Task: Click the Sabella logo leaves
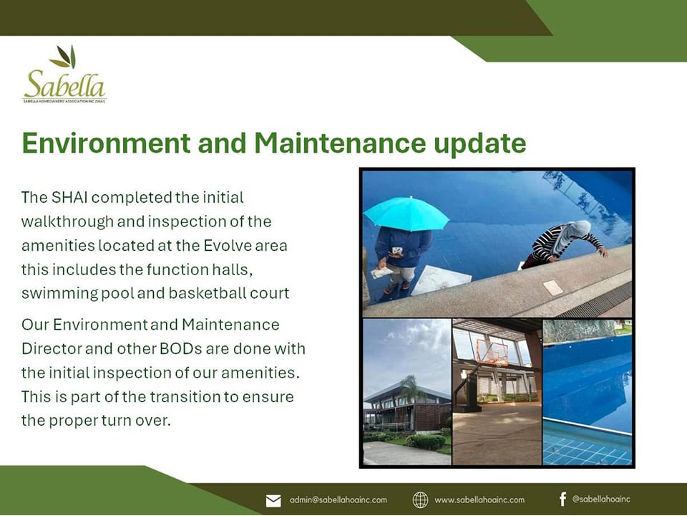pos(64,57)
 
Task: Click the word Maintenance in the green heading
pos(340,143)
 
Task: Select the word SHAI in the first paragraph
pos(69,198)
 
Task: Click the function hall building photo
pos(407,391)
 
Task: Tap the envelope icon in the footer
pos(273,500)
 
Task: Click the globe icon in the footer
pos(420,500)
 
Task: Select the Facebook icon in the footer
pos(562,499)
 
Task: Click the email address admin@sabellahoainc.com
pos(338,500)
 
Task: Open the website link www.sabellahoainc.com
pos(479,500)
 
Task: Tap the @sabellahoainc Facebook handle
pos(601,499)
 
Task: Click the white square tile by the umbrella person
pos(442,279)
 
